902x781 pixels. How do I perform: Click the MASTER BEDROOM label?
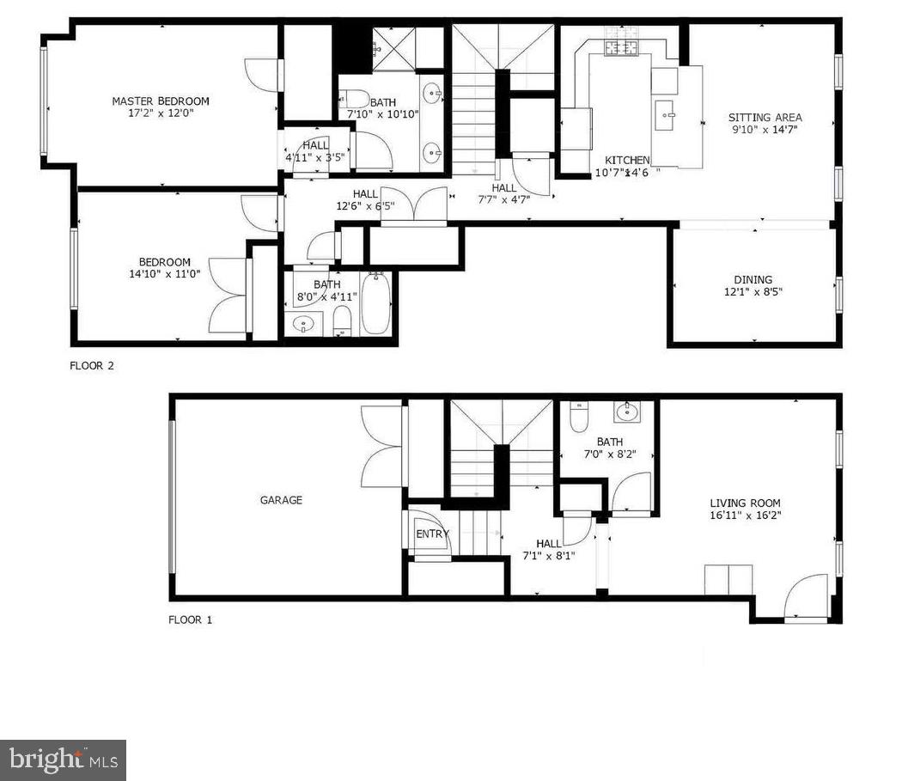(x=160, y=101)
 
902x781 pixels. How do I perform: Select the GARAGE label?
(x=281, y=500)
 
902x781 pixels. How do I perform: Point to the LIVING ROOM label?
(x=745, y=503)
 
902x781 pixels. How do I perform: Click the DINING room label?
(x=753, y=279)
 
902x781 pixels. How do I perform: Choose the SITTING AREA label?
(x=765, y=118)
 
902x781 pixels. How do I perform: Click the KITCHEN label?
(x=627, y=161)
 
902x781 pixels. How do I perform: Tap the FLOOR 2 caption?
(x=92, y=365)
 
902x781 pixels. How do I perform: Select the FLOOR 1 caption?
(x=190, y=619)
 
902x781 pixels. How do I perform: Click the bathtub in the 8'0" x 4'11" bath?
(x=376, y=303)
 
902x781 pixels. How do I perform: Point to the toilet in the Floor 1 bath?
(x=577, y=417)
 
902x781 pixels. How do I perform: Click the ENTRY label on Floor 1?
(x=432, y=534)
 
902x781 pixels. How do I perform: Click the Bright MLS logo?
(x=63, y=760)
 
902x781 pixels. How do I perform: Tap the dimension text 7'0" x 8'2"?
(x=609, y=455)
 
